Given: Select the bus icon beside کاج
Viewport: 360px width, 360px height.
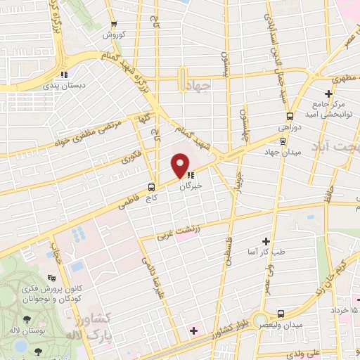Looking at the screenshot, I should [152, 187].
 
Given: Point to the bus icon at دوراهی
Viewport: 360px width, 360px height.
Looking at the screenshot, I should [289, 117].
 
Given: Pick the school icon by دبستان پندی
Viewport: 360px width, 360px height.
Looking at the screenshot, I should [63, 75].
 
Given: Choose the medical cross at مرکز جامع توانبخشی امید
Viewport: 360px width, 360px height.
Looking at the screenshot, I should [328, 94].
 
